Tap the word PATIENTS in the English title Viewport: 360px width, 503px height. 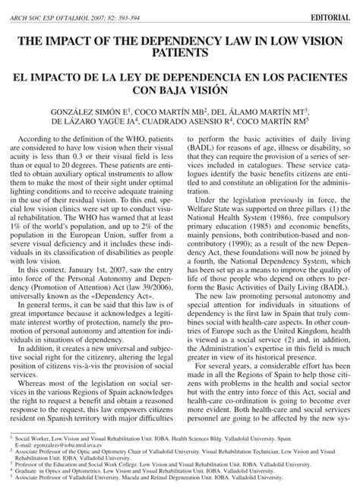180,55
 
